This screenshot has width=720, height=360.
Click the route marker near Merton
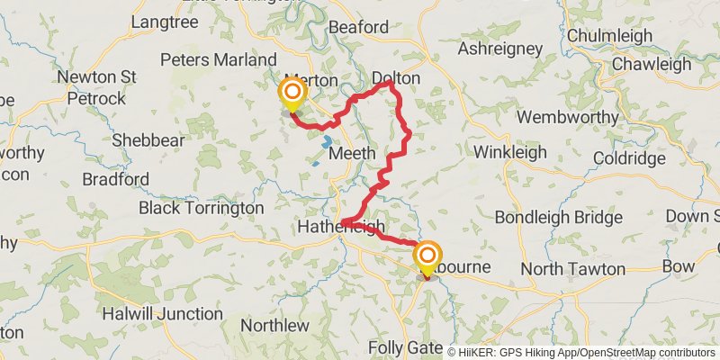pos(292,94)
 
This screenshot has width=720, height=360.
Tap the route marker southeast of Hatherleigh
pos(427,256)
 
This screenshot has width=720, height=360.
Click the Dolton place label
pos(396,78)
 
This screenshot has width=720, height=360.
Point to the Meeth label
pos(352,154)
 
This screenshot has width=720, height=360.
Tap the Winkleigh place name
pos(510,152)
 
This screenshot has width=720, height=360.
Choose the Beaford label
pos(359,28)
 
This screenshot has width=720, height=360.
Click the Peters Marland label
pos(219,59)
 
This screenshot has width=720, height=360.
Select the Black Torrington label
pos(202,208)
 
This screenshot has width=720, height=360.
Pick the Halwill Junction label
pos(162,314)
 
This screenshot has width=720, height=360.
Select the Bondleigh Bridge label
pos(558,218)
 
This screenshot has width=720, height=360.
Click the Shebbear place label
pos(148,140)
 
